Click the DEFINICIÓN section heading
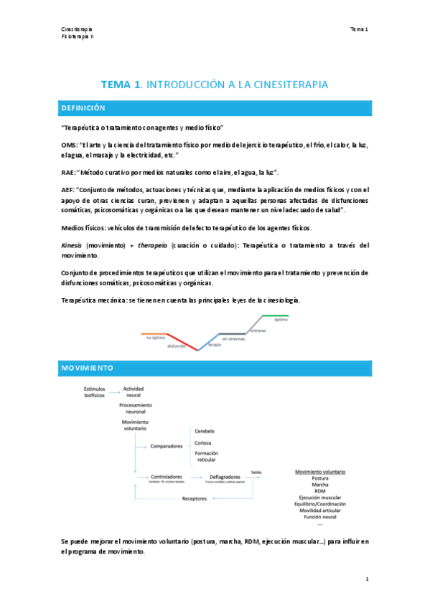click(83, 108)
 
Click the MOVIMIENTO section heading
click(87, 368)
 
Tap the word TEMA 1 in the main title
click(121, 85)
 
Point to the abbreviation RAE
click(69, 173)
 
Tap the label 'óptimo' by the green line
click(281, 320)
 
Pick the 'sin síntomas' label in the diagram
click(233, 338)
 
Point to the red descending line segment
click(183, 341)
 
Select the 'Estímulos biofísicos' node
click(95, 391)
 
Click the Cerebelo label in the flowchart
click(205, 431)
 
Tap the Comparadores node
click(166, 446)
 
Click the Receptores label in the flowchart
click(194, 498)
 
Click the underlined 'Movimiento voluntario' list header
click(320, 472)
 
